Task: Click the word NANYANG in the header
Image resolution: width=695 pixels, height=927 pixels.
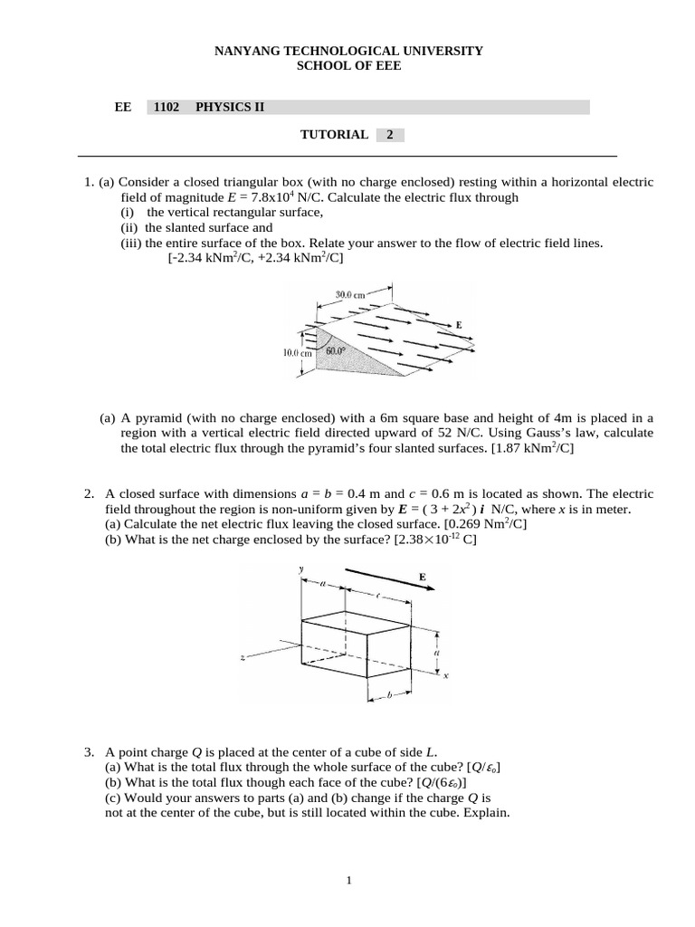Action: pos(246,52)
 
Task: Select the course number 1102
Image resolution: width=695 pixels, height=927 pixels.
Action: pos(167,107)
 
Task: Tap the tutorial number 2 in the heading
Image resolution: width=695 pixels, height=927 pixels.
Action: pos(390,135)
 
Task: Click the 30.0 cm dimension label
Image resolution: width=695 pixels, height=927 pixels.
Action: pos(349,294)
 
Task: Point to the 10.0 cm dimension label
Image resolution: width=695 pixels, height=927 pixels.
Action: pos(297,354)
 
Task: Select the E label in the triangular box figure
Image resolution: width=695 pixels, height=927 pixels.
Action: pos(459,324)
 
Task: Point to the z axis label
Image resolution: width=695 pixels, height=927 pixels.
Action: pos(243,658)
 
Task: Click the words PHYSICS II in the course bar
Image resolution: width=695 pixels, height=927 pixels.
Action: pos(230,107)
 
